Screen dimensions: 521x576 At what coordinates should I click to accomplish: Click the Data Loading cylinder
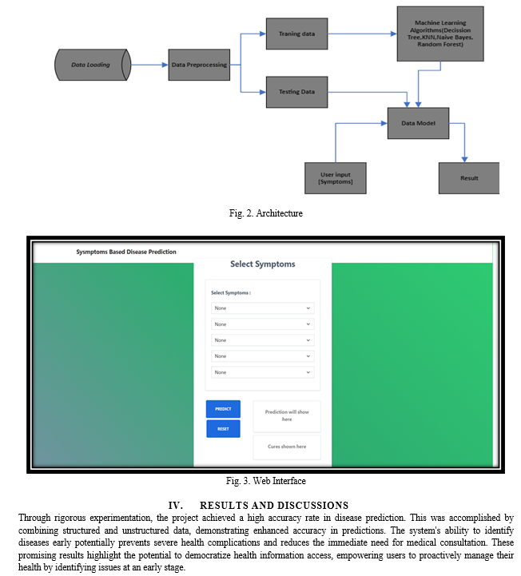pos(93,65)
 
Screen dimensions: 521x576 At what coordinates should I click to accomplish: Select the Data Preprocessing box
pos(199,65)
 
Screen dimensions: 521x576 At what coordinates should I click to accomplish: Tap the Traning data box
pos(297,34)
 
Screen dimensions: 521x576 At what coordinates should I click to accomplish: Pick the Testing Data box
pos(297,92)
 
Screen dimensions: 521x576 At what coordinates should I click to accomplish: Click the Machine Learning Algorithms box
pos(440,34)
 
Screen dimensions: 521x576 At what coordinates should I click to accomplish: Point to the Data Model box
pos(418,123)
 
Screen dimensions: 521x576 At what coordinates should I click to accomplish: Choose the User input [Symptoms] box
pos(336,178)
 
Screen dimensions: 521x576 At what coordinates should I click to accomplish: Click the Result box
pos(469,178)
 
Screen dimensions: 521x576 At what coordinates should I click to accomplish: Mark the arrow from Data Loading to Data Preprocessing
pos(149,65)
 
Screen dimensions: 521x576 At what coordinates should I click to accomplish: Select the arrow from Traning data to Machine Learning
pos(362,34)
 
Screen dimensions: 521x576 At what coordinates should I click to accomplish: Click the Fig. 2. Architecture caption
pos(265,213)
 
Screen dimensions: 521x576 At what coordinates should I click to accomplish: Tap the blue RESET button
pos(224,429)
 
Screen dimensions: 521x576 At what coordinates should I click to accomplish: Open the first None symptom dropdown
pos(263,308)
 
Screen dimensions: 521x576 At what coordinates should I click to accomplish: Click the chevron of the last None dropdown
pos(308,372)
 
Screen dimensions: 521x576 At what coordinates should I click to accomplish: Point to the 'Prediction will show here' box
pos(287,416)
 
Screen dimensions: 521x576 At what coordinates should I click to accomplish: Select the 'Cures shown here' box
pos(287,447)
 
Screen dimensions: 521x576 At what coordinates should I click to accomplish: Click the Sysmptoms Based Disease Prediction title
pos(126,252)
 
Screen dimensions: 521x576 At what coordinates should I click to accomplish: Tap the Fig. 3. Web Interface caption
pos(265,481)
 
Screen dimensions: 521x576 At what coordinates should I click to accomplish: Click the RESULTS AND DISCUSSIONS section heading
pos(258,506)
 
